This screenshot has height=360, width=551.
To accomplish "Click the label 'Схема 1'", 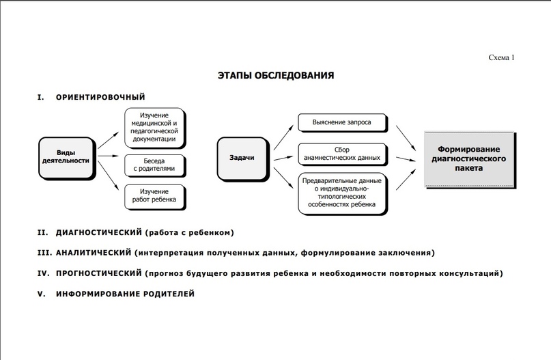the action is [501, 57].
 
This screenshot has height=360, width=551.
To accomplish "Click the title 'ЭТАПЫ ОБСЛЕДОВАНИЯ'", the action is [276, 76].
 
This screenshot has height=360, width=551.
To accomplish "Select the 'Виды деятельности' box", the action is [67, 158].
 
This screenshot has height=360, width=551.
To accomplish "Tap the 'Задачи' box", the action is [243, 159].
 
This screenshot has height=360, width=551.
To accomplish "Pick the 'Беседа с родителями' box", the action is [154, 165].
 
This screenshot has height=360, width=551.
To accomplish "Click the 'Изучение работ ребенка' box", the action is [154, 197].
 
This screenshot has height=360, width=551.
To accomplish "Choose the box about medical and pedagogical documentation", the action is [154, 128].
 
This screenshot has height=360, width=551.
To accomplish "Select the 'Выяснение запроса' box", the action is [343, 123].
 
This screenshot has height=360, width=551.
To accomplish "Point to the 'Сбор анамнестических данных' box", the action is [343, 154].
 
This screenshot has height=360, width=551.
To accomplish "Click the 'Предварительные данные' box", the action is [343, 193].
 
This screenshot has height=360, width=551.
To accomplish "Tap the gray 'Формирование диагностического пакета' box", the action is [470, 160].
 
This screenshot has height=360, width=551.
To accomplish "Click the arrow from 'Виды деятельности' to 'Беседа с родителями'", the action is [109, 156].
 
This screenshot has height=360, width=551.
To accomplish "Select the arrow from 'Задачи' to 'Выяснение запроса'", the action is [283, 137].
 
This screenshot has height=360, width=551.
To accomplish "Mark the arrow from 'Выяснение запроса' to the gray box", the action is [406, 138].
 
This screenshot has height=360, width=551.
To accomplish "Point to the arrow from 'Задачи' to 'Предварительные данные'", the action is [283, 178].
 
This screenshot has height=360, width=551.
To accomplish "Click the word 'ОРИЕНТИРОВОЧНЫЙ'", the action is [100, 97].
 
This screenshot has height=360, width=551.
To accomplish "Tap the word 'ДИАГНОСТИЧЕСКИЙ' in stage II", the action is [99, 233].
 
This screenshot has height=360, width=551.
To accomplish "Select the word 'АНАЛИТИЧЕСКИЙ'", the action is [94, 253].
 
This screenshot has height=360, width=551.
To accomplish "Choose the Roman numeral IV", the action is [44, 273].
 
